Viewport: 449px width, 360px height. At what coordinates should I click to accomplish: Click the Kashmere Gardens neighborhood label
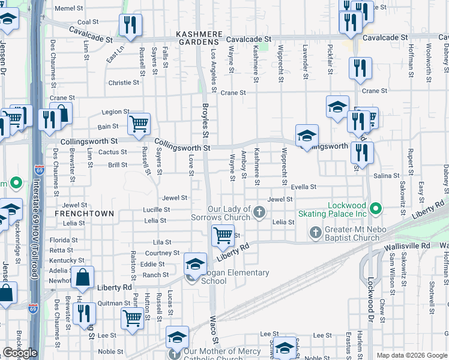[197, 38]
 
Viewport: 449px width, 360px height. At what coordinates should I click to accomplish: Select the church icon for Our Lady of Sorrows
[259, 212]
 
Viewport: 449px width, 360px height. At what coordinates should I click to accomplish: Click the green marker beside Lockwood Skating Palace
[376, 209]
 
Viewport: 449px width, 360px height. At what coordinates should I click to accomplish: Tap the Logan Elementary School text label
[235, 277]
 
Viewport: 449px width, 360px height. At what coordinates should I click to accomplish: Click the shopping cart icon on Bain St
[139, 124]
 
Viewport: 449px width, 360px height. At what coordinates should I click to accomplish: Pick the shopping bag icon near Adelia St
[82, 277]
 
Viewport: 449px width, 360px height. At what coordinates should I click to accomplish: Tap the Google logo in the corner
[20, 353]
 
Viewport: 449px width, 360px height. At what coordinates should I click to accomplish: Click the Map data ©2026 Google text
[412, 355]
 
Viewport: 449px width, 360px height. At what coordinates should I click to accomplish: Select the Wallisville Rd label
[408, 246]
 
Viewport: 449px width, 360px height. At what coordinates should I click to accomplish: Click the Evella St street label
[303, 187]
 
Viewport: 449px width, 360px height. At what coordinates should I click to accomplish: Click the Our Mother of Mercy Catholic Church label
[222, 355]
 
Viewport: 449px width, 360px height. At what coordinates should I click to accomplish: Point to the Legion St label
[115, 112]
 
